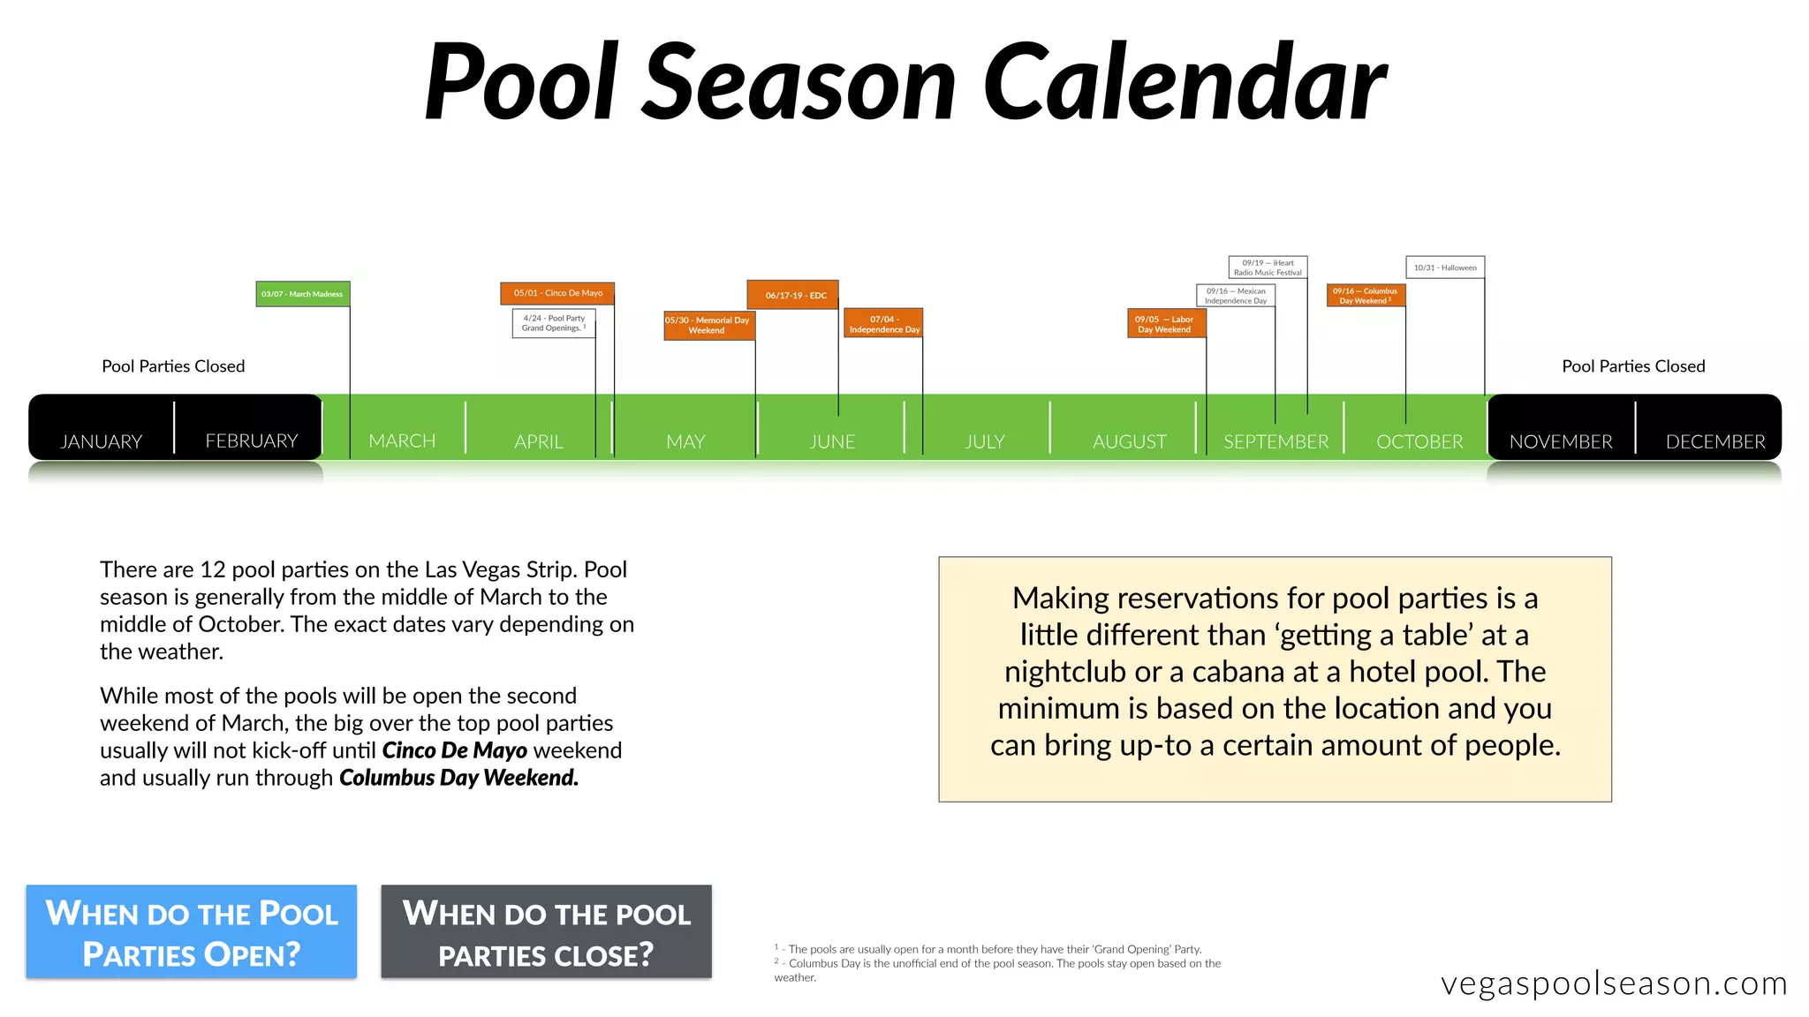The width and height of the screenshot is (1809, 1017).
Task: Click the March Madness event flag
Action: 303,294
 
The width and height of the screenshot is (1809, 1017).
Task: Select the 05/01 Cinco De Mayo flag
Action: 557,293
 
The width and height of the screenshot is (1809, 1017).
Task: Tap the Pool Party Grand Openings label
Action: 554,323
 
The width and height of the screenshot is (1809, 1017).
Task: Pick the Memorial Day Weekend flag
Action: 708,325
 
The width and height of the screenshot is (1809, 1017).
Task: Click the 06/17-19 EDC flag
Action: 792,295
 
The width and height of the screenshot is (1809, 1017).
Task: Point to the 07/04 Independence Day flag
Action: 883,324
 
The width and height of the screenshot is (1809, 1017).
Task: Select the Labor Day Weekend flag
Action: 1166,324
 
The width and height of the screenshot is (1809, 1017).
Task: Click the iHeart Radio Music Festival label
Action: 1268,267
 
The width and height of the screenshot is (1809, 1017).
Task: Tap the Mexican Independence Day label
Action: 1236,296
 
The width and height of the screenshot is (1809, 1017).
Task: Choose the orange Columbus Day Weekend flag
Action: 1366,296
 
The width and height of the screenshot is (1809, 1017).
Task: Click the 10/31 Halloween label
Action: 1445,267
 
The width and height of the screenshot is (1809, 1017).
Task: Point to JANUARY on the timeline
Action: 101,441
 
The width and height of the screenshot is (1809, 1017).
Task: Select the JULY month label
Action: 985,441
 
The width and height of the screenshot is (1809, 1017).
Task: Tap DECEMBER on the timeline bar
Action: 1715,441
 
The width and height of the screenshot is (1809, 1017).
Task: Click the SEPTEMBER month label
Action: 1275,441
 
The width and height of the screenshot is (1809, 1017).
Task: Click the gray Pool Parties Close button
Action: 546,932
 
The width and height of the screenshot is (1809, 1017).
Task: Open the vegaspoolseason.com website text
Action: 1614,983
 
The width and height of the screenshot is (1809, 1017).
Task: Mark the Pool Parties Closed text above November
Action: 1633,366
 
